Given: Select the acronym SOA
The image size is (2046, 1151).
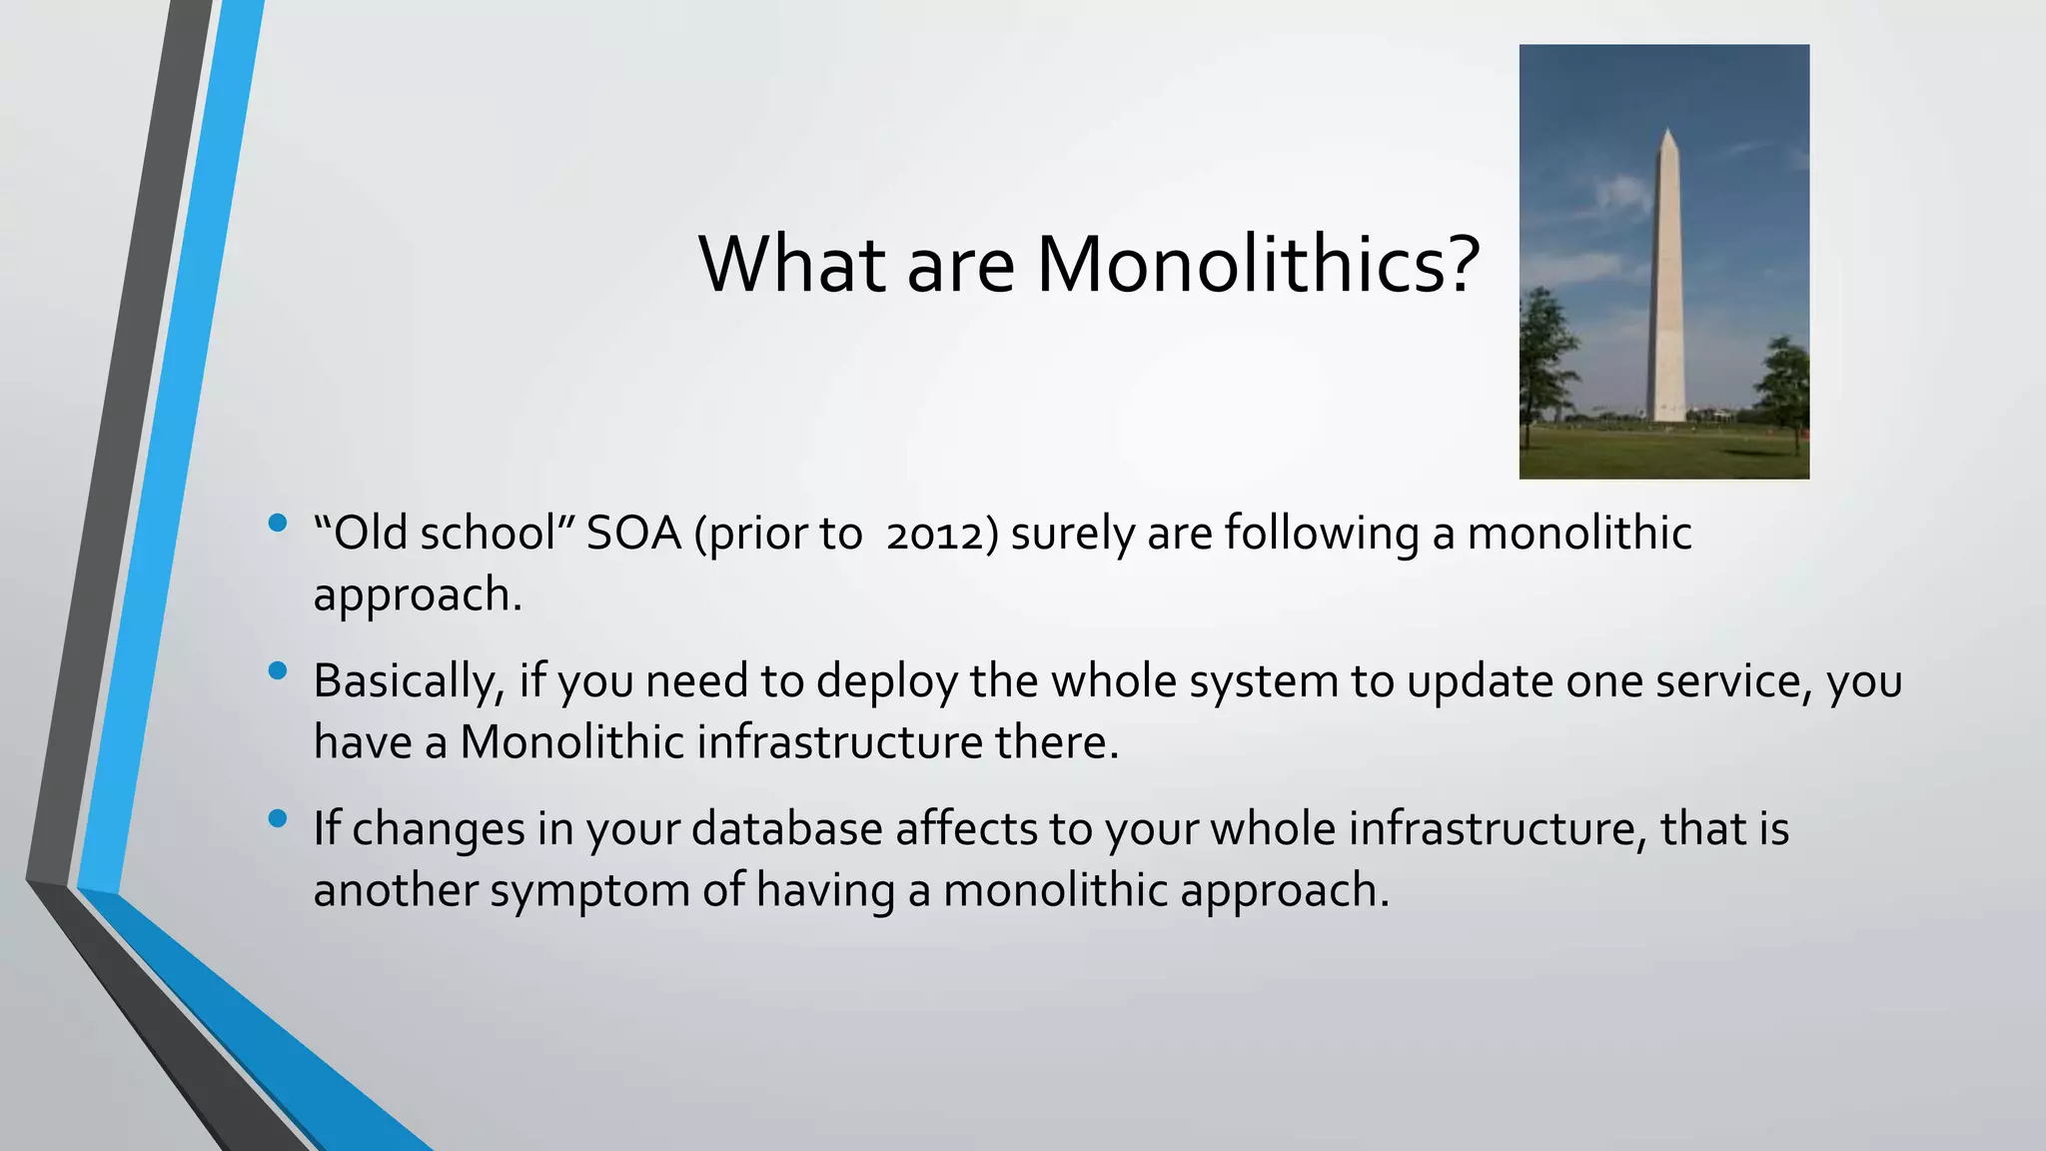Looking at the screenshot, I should (633, 534).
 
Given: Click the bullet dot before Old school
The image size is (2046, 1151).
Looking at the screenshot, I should (278, 523).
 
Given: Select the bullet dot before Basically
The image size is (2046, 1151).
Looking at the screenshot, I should (278, 670).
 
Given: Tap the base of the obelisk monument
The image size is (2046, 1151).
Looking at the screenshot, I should (1665, 415).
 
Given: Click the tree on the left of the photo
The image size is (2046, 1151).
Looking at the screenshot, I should (1544, 350).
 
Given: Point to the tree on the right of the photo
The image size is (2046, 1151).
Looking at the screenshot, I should (1784, 385).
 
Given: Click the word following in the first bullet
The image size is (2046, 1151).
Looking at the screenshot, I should (1321, 535).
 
